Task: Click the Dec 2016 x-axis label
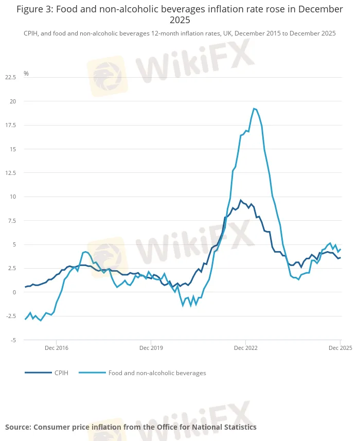coord(56,348)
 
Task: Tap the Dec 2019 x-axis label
coord(151,348)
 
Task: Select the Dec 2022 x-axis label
coord(245,348)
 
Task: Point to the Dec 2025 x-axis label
coord(339,348)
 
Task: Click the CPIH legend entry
coord(61,373)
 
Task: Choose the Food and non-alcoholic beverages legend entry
coord(157,373)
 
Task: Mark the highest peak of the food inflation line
coord(254,109)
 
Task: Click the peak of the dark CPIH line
coord(241,200)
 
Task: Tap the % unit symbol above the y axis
coord(26,74)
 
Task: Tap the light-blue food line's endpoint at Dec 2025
coord(340,250)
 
